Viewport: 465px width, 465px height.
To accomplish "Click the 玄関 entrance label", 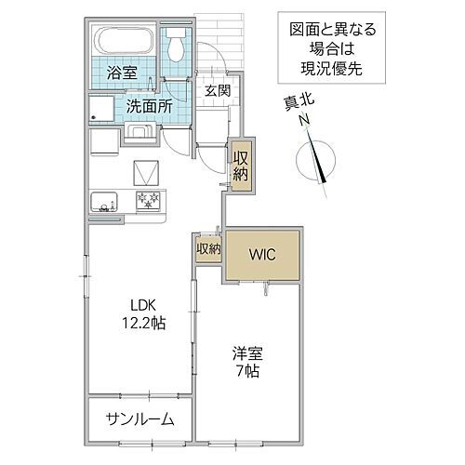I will click(x=218, y=90).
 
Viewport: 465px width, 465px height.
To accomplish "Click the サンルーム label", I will click(x=139, y=419).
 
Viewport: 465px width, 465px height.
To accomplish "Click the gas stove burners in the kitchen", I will click(x=148, y=200).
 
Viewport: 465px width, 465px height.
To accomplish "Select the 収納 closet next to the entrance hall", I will click(x=241, y=166).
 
